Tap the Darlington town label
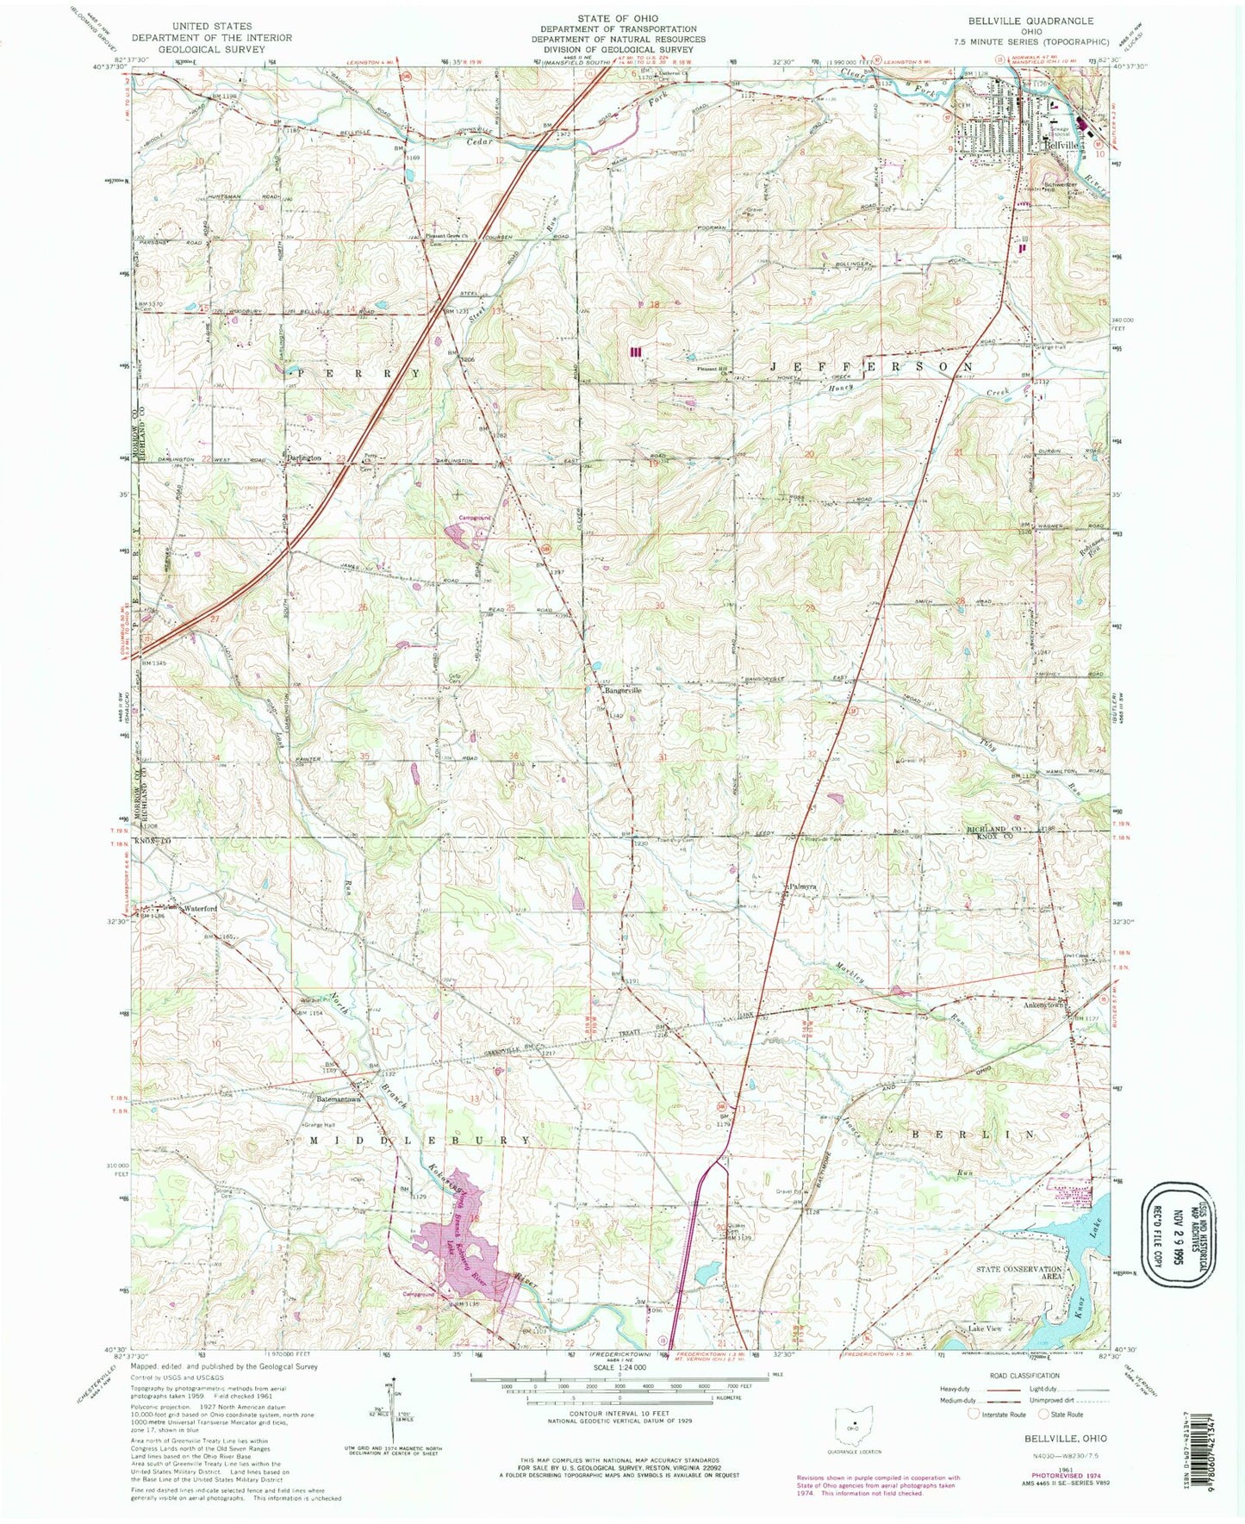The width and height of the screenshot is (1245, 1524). click(x=304, y=457)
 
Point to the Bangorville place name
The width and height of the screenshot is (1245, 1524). click(x=624, y=690)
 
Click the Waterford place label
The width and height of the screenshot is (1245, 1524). click(x=199, y=907)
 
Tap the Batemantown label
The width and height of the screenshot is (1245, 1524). click(x=331, y=1100)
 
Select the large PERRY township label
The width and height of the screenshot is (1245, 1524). click(x=358, y=374)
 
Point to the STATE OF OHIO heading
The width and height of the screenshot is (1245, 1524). click(x=617, y=18)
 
